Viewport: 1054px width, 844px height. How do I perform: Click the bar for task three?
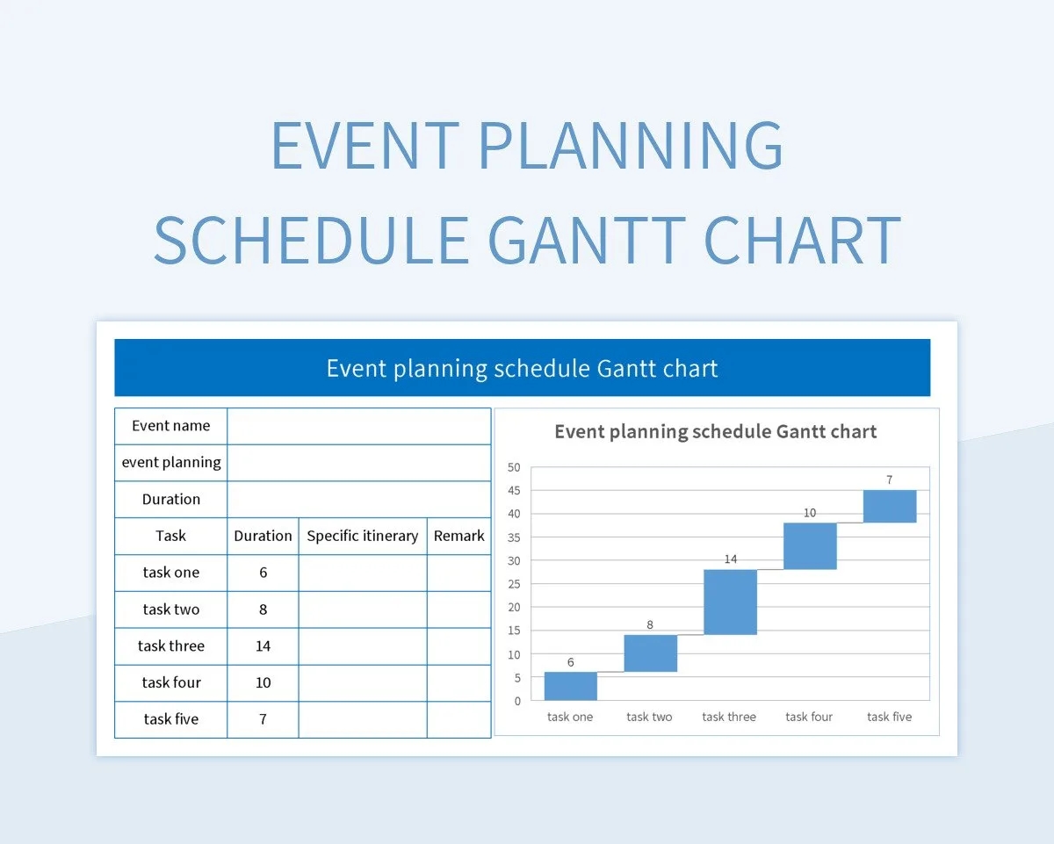(730, 602)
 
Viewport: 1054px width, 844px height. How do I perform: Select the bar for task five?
(890, 506)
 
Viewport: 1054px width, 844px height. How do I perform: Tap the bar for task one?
(570, 686)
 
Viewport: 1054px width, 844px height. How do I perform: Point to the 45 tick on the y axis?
(514, 490)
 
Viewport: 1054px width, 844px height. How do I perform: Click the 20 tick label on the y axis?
(514, 607)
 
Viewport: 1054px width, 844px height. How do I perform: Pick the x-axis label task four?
(809, 717)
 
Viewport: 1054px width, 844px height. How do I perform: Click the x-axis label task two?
(649, 717)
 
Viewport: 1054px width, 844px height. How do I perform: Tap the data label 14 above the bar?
(730, 559)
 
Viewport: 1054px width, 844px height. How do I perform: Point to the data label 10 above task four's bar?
(809, 512)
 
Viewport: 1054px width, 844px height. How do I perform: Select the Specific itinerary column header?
(362, 536)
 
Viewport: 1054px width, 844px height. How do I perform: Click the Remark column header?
(458, 536)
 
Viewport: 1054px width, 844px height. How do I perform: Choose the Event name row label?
(170, 426)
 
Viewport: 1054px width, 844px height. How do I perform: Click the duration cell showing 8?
(263, 610)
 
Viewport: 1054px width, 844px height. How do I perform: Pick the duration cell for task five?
(263, 719)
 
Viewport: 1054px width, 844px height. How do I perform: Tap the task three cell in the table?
(170, 646)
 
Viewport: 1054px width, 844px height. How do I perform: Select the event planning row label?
(170, 463)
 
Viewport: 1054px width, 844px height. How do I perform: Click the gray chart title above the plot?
(715, 431)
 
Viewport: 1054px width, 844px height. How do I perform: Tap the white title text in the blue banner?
(522, 368)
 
